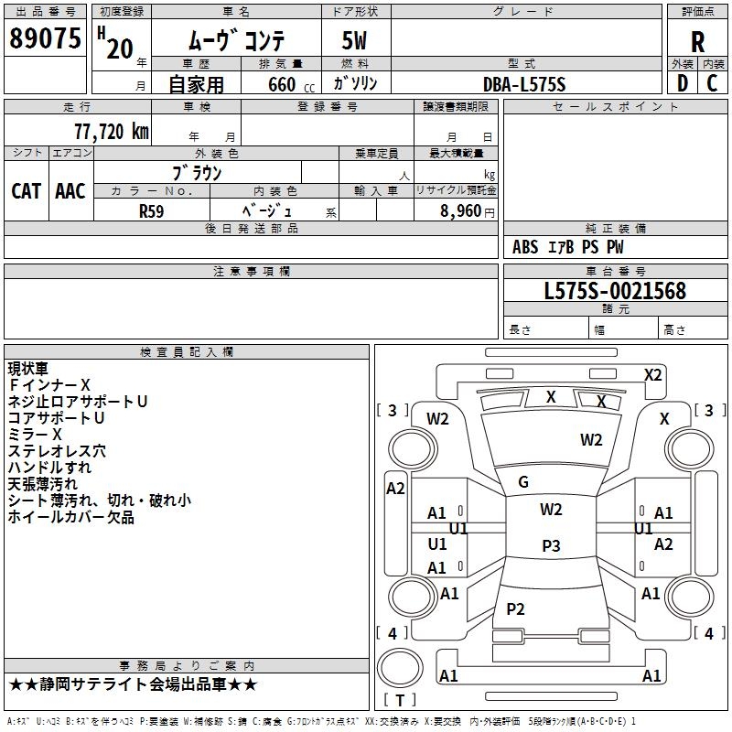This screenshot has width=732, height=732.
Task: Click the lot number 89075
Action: pos(45,38)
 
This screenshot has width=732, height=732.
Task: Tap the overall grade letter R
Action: pos(697,42)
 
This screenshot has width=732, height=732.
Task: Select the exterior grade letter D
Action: pos(683,83)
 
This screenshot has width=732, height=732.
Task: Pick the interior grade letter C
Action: pos(712,83)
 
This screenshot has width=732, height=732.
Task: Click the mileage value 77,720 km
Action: pos(112,132)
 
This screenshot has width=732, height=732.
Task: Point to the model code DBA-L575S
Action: pos(524,84)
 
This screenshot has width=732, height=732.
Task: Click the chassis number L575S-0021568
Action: pos(615,291)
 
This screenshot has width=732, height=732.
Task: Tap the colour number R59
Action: pos(151,211)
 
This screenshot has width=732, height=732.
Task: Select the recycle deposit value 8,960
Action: pos(461,211)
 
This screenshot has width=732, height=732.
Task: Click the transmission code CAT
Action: pos(27,191)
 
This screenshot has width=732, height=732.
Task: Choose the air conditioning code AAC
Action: pos(70,191)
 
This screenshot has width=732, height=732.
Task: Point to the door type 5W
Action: pos(354,40)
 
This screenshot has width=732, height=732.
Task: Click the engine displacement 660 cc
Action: pos(291,85)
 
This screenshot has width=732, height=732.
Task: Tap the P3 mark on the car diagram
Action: pos(551,545)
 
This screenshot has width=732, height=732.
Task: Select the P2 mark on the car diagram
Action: pos(515,608)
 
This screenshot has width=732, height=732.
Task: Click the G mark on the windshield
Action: pos(523,482)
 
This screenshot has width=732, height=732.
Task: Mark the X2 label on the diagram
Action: pos(652,375)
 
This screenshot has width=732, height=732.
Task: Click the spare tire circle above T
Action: pos(400,667)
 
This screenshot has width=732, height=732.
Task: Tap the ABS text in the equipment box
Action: pos(525,247)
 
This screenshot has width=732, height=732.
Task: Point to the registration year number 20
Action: pos(120,48)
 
